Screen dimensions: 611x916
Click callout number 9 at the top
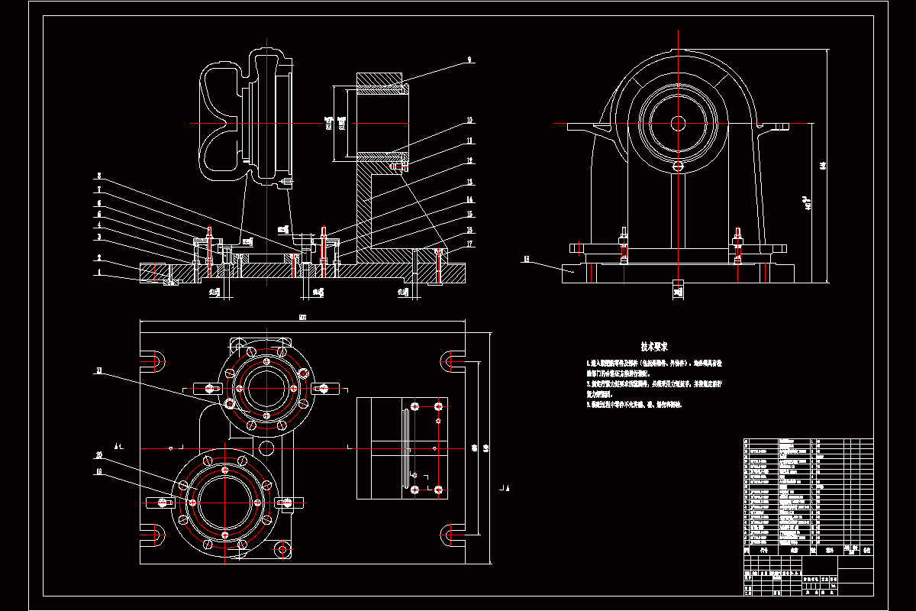469,58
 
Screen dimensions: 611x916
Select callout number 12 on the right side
470,161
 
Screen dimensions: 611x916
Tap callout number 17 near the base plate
470,244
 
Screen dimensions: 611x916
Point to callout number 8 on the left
98,175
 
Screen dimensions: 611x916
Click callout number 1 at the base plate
98,273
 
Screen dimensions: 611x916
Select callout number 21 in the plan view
99,371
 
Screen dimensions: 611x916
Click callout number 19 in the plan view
99,472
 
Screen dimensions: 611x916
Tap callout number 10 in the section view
470,120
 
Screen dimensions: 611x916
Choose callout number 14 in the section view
470,200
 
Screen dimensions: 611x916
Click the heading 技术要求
654,346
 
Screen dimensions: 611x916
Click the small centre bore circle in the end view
677,122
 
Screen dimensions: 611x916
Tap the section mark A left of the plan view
117,445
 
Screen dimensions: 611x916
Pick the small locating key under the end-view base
677,289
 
